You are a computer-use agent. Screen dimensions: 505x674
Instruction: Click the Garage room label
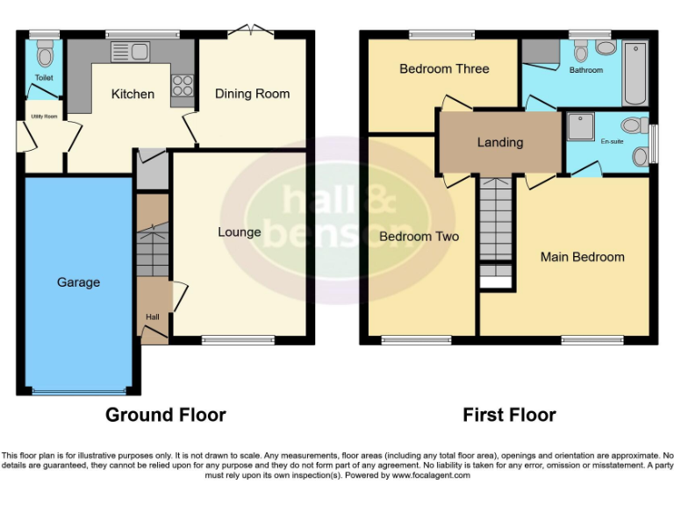coord(78,282)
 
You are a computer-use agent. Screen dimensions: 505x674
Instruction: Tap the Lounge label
coord(240,232)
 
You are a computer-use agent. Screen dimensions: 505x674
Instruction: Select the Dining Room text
coord(252,94)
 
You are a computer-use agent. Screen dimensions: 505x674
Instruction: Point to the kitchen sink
coord(130,52)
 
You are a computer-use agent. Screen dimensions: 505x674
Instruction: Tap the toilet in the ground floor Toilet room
coord(45,54)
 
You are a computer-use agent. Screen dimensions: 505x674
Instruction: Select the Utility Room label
coord(43,116)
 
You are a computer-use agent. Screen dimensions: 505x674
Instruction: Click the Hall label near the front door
coord(152,317)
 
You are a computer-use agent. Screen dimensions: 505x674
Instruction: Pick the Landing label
coord(499,142)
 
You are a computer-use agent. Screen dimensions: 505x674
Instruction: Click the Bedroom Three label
coord(444,68)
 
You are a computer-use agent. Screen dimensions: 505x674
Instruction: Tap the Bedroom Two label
coord(419,237)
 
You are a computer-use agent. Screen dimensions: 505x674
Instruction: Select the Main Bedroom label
coord(582,257)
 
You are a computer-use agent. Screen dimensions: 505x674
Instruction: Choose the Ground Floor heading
coord(166,415)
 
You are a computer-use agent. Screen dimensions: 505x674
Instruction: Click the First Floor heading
coord(509,415)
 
